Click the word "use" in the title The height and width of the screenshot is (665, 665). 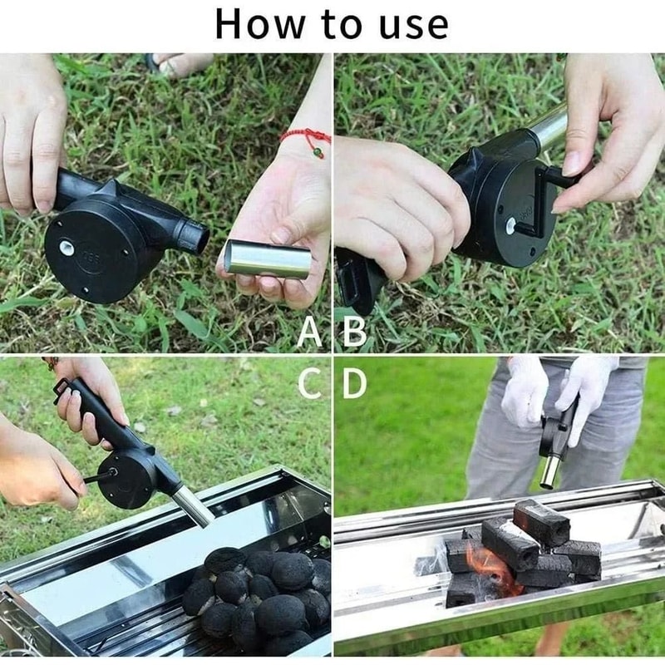pos(411,25)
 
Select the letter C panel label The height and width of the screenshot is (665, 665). pos(310,383)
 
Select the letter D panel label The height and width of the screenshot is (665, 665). pos(354,383)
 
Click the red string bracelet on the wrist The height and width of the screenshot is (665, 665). pos(308,137)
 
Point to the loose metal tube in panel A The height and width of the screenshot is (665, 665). pos(268,259)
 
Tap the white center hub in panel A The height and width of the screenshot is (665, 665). pos(64,247)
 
